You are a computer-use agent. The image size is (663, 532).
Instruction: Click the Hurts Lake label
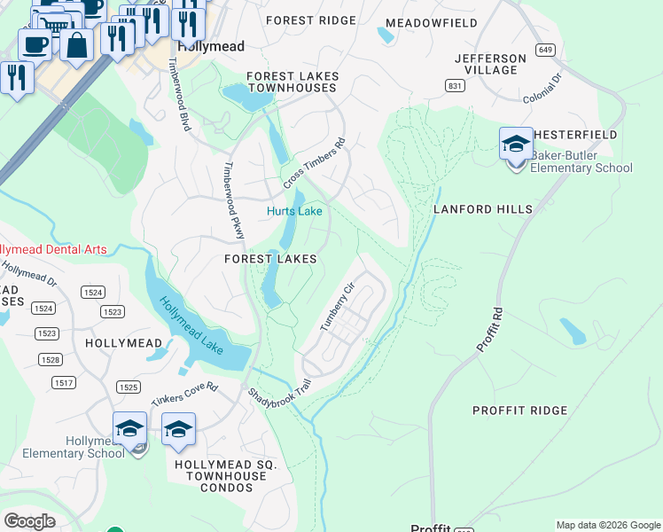point(294,211)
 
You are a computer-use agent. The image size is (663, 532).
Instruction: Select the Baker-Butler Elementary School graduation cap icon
point(516,144)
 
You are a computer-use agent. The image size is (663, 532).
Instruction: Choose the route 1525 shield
point(129,387)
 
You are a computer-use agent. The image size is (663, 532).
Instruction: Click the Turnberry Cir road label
point(337,307)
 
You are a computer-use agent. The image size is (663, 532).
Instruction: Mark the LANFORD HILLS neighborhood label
point(483,209)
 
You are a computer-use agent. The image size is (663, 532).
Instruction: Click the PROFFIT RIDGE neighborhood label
point(519,411)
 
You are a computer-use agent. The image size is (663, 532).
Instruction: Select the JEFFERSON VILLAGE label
point(490,64)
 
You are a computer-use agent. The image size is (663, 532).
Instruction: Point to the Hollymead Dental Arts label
point(53,249)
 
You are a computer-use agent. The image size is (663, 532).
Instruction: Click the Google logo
point(29,521)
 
